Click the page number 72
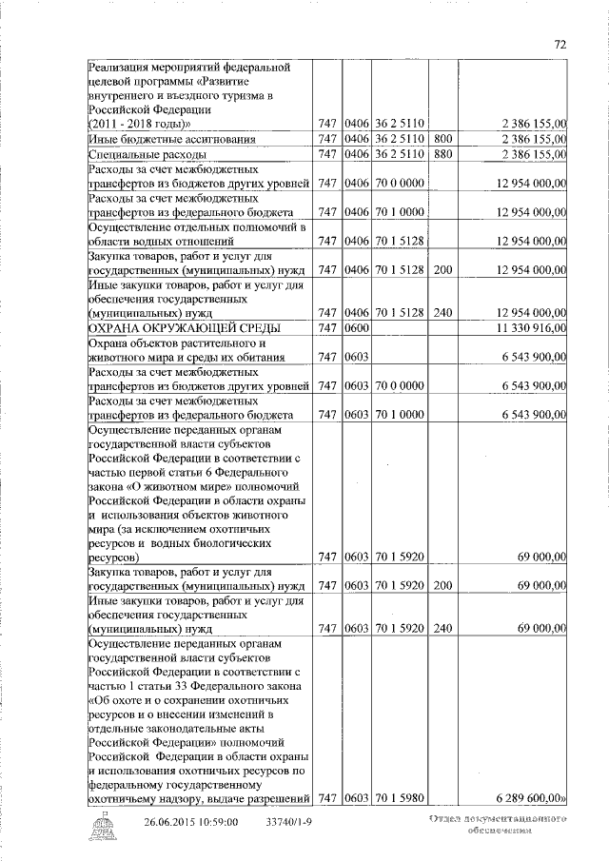(x=560, y=44)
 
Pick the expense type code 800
(x=442, y=139)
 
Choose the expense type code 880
(x=442, y=154)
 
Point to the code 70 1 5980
(x=399, y=800)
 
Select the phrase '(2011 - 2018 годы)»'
(x=139, y=124)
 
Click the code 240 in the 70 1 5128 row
(x=442, y=312)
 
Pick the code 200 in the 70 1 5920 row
(x=442, y=585)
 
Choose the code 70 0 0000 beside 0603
(x=399, y=383)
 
